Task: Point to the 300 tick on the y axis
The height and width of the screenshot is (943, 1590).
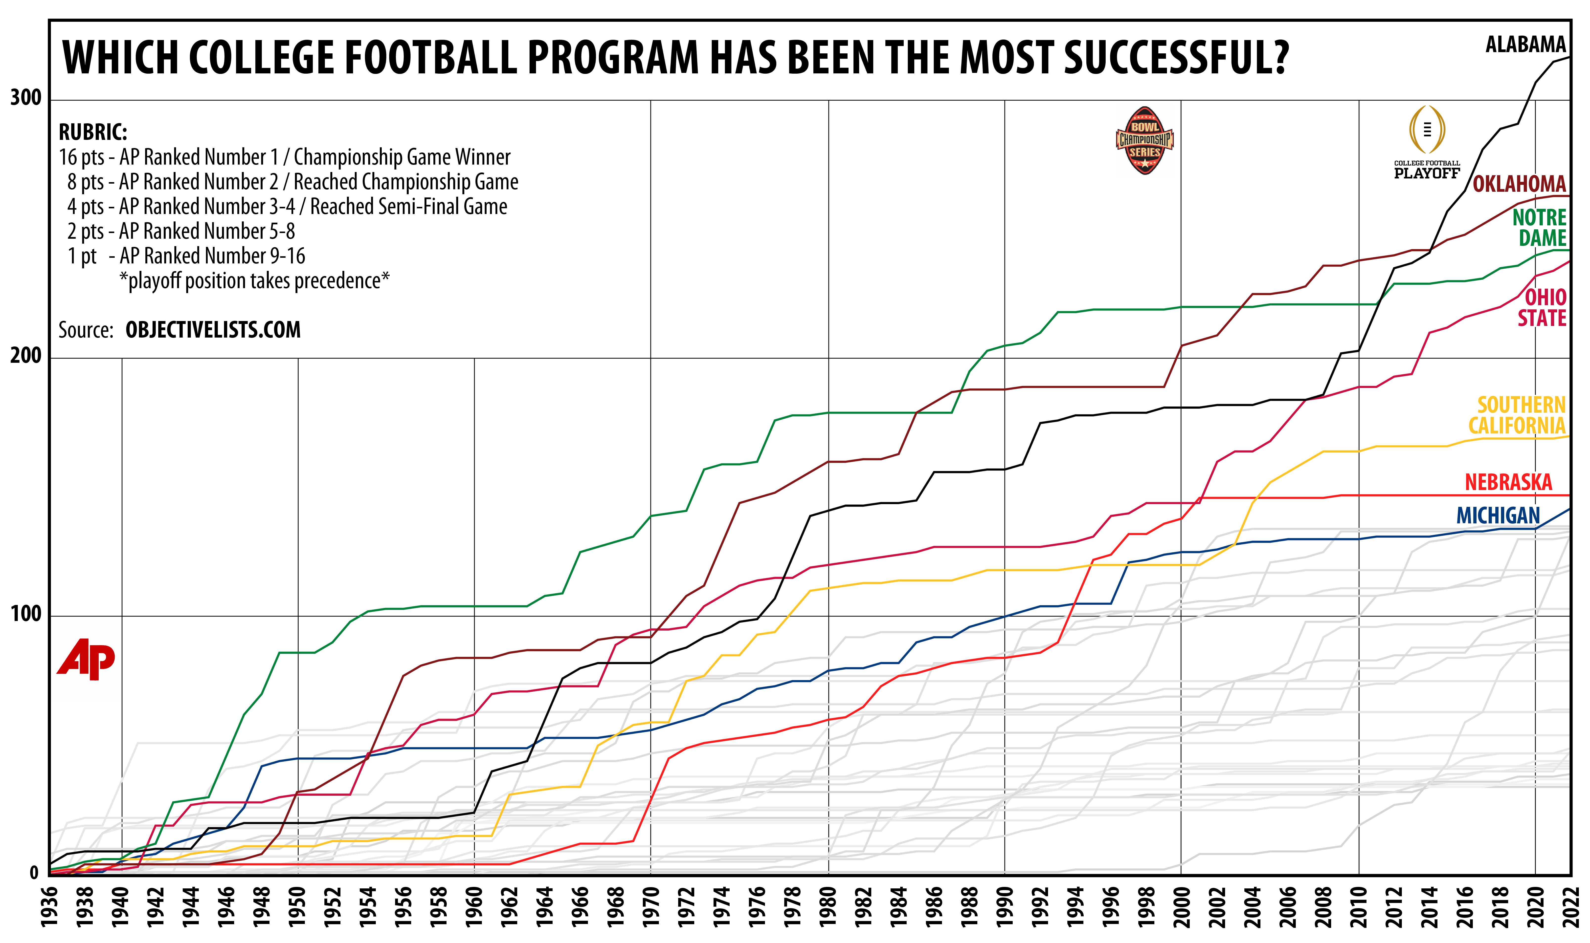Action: (25, 98)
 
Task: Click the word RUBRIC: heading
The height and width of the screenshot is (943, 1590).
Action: (93, 132)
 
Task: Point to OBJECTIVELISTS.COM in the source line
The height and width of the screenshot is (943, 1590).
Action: (213, 330)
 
